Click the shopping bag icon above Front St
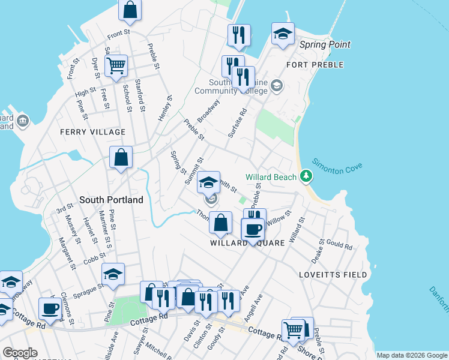(130, 10)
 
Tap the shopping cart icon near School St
(116, 65)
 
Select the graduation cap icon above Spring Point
(283, 34)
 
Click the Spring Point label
(326, 45)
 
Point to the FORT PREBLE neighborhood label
(315, 65)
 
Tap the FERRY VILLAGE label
(92, 132)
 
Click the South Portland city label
(111, 199)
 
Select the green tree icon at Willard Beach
(306, 176)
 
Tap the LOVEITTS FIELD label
(333, 274)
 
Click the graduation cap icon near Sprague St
(113, 274)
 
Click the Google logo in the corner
(20, 353)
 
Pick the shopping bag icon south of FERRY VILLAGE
(121, 158)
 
